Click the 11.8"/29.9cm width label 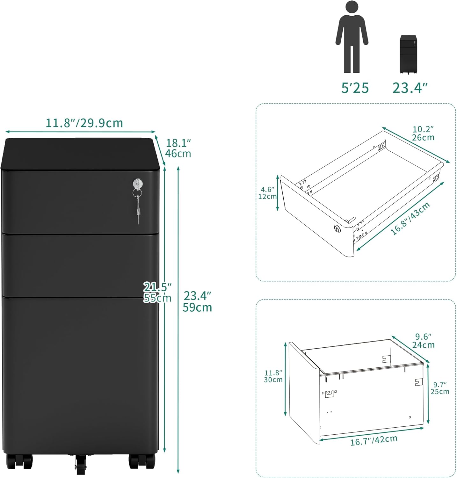(x=84, y=123)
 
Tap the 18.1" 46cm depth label (x=178, y=148)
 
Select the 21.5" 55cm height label (x=157, y=292)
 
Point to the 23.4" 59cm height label (x=197, y=301)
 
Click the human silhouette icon (x=352, y=37)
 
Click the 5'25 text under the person (x=355, y=88)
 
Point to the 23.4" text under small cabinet (x=410, y=88)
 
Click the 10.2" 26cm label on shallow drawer (x=423, y=133)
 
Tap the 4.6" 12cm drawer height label (x=267, y=193)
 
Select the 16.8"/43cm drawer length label (x=411, y=219)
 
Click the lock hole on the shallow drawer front (x=337, y=228)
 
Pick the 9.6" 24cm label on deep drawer (x=423, y=341)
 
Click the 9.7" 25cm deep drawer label (x=440, y=388)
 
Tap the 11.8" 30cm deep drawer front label (x=273, y=376)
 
